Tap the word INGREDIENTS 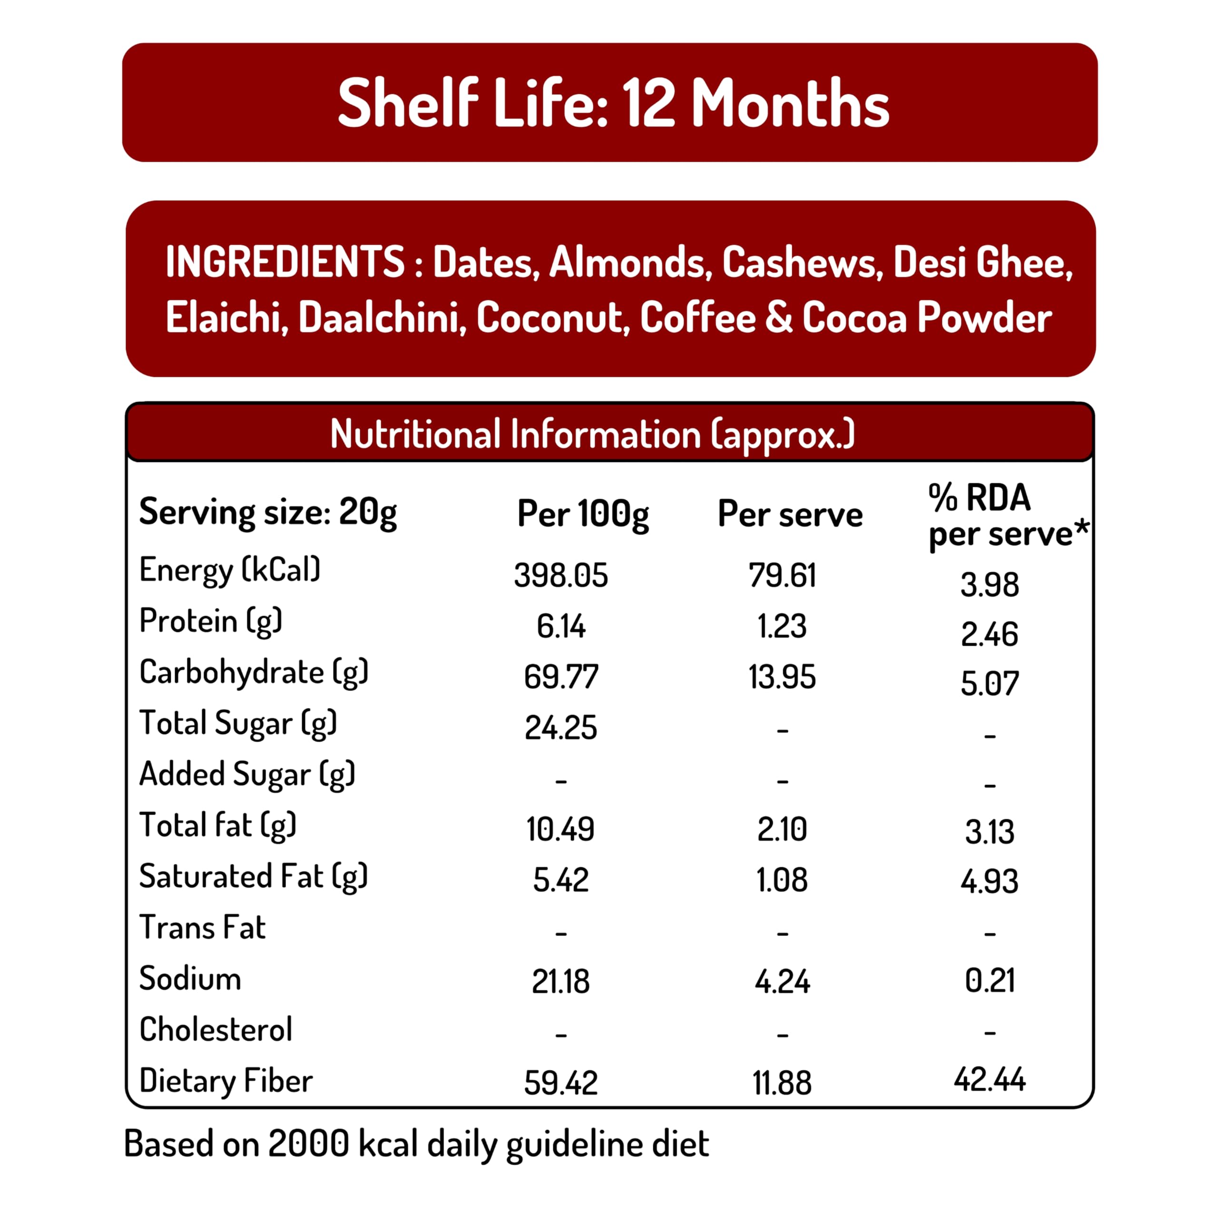[x=285, y=262]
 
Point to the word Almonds [x=627, y=262]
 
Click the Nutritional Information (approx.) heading [x=593, y=434]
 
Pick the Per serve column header [x=790, y=514]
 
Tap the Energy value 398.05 [x=560, y=575]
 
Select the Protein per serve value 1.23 [x=782, y=626]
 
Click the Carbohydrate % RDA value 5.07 [x=989, y=683]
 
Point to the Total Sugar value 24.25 [x=560, y=727]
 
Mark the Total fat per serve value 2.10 [x=782, y=829]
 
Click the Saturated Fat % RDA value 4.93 [x=989, y=881]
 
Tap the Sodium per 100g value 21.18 [x=560, y=982]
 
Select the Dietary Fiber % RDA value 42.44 [x=989, y=1079]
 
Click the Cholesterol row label [x=216, y=1030]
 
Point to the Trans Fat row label [x=202, y=927]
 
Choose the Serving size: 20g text [x=268, y=512]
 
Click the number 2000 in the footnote [x=308, y=1144]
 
